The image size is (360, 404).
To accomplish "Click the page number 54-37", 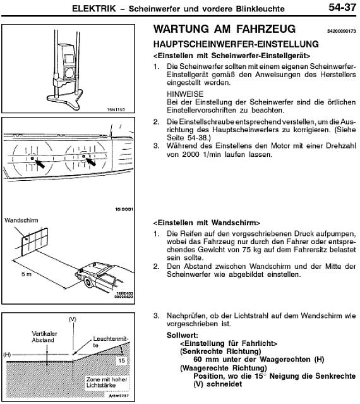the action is [342, 7].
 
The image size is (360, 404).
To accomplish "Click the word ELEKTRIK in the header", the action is [94, 8].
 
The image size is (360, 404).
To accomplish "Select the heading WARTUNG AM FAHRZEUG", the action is [224, 28].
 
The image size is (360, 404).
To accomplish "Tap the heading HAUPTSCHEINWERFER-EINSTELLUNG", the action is [236, 44].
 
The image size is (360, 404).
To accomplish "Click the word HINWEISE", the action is [185, 94].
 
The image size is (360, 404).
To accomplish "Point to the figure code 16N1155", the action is [116, 109].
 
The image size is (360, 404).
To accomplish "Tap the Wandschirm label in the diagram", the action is [21, 220].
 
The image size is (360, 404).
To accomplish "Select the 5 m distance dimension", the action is [27, 274].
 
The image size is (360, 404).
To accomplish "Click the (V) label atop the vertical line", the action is [73, 319].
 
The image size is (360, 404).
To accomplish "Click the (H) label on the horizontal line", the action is [7, 355].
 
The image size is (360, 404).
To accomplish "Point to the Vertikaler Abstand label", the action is [44, 337].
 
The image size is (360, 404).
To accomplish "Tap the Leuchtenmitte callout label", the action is [111, 341].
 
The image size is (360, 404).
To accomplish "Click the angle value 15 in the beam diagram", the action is [121, 360].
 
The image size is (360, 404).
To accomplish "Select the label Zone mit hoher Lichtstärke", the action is [107, 383].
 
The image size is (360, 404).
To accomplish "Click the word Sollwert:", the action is [183, 335].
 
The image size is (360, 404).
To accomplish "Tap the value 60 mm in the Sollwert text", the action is [206, 359].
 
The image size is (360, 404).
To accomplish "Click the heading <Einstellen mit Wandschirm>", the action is [207, 223].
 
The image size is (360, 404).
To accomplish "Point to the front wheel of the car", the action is [88, 283].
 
